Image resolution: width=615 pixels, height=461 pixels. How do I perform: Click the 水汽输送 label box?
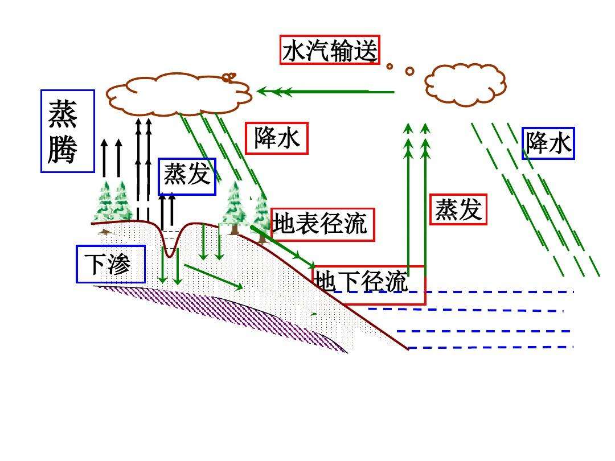coord(330,50)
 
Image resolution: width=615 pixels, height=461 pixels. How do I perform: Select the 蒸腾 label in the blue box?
coord(68,131)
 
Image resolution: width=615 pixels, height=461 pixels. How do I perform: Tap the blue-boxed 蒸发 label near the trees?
coord(187,176)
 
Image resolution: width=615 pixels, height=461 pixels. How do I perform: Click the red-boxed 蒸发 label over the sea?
coord(458,209)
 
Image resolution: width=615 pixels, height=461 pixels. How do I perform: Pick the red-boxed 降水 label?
coord(277,138)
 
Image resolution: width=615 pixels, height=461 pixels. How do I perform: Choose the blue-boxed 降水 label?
coord(548,143)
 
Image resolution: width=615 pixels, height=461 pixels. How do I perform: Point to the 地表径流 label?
coord(323,225)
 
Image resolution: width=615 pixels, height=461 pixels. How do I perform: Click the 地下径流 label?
coord(368,285)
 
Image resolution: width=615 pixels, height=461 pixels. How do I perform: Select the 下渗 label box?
coord(110,264)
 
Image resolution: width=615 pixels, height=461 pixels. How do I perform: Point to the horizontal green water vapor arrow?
coord(326,92)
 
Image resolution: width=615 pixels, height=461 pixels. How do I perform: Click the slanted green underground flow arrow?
coord(214,277)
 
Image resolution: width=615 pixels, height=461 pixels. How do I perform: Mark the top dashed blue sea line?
coord(453,291)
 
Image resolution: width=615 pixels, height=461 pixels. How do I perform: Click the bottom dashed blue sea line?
coord(491,347)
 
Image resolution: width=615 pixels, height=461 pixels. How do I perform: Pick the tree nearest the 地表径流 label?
coord(261,217)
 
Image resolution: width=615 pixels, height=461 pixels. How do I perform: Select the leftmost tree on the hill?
coord(105,207)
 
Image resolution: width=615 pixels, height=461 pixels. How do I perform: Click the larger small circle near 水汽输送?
coord(409,71)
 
